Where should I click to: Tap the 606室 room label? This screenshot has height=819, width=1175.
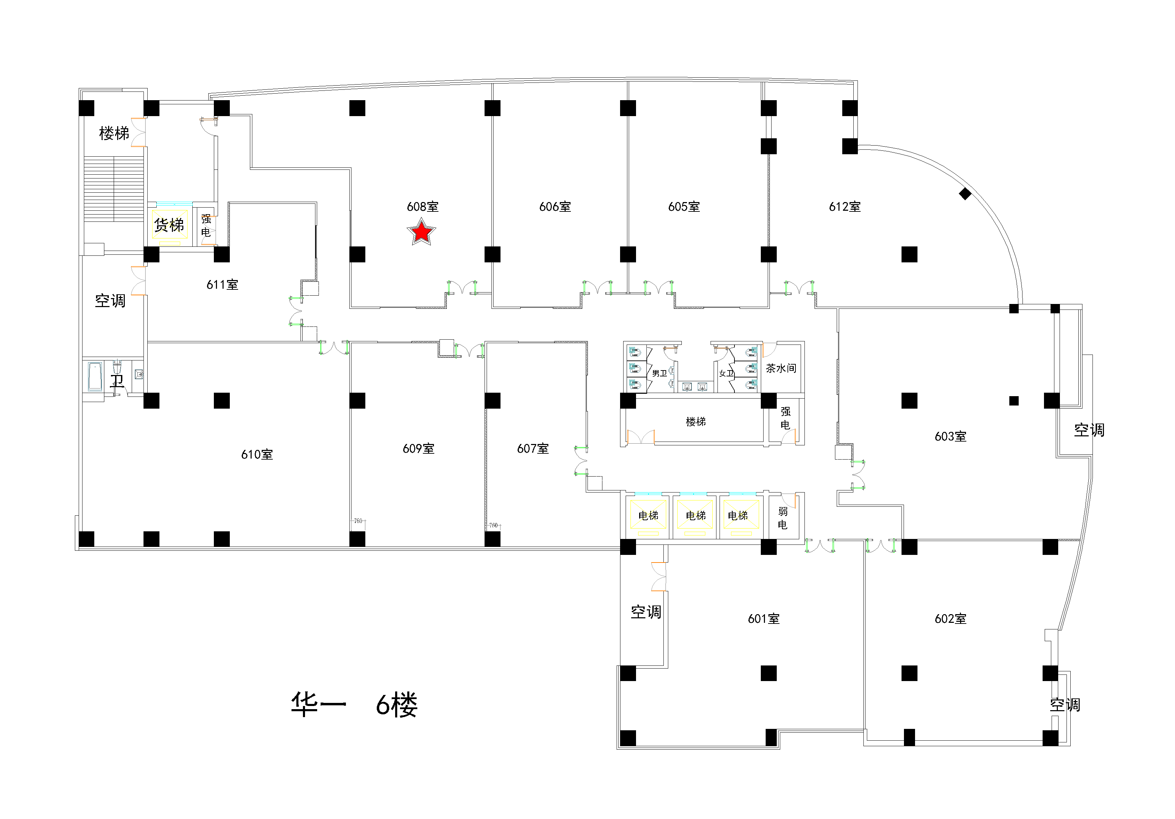(x=555, y=207)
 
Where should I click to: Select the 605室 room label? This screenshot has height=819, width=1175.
(x=684, y=207)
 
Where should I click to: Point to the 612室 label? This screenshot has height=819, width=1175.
(x=845, y=207)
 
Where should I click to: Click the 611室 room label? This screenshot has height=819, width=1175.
(x=222, y=285)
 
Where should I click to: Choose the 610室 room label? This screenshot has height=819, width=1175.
(x=257, y=454)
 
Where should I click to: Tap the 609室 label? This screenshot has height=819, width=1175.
(x=419, y=449)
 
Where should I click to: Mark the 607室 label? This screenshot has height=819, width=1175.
(x=533, y=449)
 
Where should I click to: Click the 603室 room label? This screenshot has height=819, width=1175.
(x=950, y=437)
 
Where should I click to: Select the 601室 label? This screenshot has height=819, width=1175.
(x=764, y=619)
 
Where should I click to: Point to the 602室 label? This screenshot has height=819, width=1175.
(x=950, y=619)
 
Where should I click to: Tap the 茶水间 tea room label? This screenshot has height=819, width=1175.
(x=781, y=368)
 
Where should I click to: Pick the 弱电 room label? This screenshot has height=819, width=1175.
(x=783, y=518)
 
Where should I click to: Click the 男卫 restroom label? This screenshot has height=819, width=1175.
(x=660, y=374)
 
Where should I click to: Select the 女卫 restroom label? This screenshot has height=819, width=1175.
(x=726, y=374)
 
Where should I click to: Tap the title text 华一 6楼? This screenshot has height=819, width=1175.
(x=354, y=705)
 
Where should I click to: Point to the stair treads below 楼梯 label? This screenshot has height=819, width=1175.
(x=114, y=189)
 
